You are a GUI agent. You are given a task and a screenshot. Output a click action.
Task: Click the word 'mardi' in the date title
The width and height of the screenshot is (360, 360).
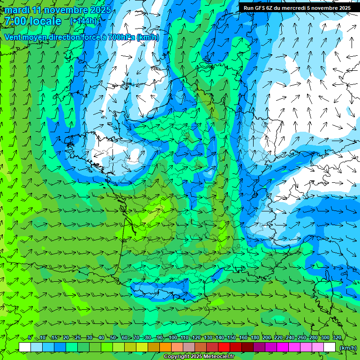(16, 10)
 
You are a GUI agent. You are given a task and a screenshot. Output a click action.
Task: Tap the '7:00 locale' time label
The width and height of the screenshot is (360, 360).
(33, 21)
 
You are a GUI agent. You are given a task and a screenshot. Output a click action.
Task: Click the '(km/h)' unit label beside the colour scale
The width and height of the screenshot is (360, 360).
(347, 347)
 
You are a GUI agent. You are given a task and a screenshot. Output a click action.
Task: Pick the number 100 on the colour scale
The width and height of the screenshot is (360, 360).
(172, 338)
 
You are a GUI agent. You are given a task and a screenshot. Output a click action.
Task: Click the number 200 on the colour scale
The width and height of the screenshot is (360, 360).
(267, 338)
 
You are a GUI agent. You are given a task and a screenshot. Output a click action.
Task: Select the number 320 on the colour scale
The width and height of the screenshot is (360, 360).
(337, 338)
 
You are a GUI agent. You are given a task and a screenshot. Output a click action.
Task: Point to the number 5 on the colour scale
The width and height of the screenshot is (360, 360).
(30, 338)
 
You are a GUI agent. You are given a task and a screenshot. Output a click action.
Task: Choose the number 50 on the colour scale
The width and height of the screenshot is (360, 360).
(113, 338)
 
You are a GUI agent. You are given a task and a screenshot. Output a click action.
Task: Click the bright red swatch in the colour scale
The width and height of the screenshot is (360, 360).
(225, 347)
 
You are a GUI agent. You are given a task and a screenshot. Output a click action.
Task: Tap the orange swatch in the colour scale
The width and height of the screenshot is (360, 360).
(166, 347)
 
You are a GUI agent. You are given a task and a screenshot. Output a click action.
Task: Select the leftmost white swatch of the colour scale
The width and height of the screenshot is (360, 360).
(25, 347)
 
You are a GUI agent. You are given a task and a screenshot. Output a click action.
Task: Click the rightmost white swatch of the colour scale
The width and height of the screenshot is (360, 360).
(330, 347)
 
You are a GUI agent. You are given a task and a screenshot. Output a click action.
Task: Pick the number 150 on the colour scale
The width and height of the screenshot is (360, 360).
(232, 338)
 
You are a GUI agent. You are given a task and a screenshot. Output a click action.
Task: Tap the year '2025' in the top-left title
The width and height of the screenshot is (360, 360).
(100, 10)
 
